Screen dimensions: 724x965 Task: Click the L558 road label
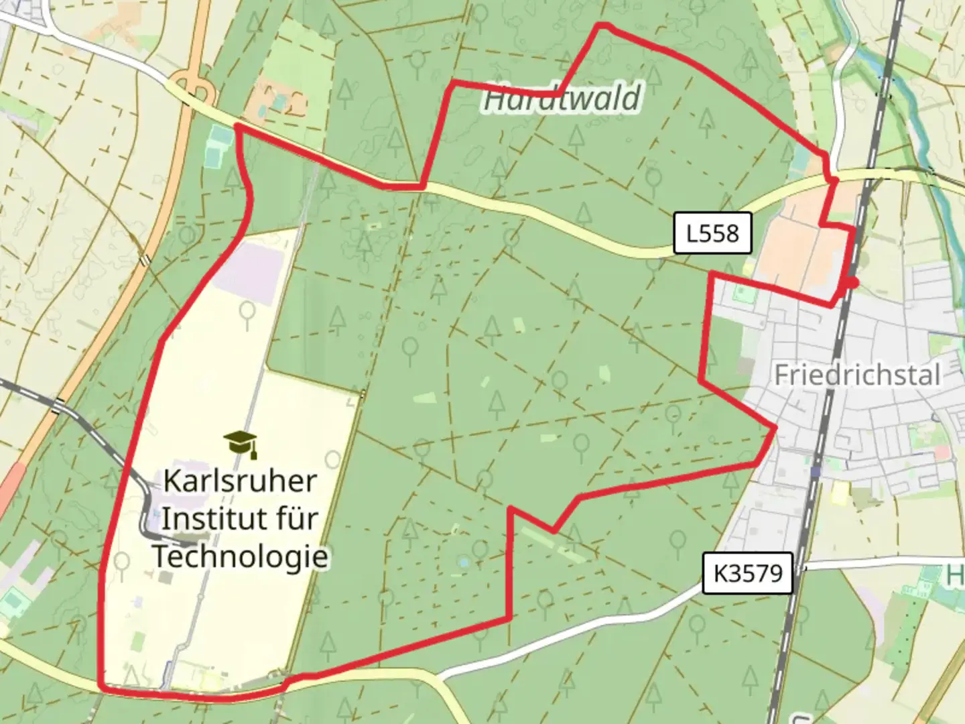[712, 233]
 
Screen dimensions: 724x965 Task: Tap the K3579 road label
[747, 573]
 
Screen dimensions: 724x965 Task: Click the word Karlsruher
[240, 481]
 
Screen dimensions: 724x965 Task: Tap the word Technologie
[240, 556]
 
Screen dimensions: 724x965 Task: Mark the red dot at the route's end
[852, 283]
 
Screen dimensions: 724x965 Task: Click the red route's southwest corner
[101, 685]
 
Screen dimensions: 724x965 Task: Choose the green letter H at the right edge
[956, 575]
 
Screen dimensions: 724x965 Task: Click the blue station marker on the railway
[815, 472]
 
